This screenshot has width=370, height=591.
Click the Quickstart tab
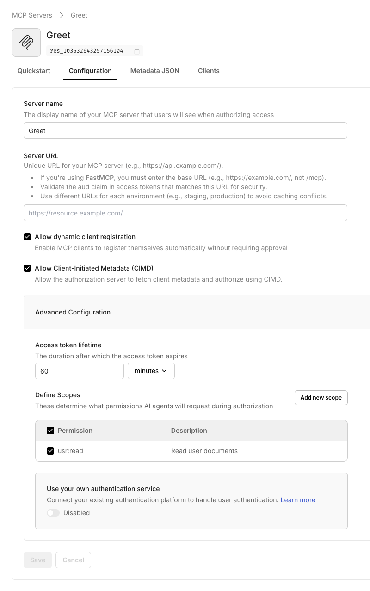(x=34, y=71)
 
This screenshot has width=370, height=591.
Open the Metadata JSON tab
(x=154, y=71)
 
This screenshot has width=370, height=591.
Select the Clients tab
(x=209, y=71)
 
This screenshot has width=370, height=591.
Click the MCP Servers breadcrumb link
(x=31, y=15)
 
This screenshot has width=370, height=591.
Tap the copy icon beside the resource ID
(x=136, y=51)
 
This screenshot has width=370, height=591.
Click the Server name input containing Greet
(x=185, y=131)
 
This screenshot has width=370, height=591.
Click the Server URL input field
(x=185, y=213)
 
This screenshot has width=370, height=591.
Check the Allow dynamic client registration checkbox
(x=27, y=237)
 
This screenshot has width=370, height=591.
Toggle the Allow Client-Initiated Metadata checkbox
(x=27, y=268)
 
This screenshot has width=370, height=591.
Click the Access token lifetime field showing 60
(x=79, y=371)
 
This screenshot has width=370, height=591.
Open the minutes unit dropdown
(x=151, y=371)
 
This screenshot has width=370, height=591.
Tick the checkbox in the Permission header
(x=50, y=431)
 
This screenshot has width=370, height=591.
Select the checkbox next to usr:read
(x=50, y=451)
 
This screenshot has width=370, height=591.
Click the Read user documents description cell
(x=204, y=451)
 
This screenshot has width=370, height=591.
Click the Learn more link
(x=298, y=500)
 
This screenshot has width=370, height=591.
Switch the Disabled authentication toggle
(x=53, y=513)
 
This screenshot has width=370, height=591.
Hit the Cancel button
(x=73, y=560)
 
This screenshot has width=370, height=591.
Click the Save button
(x=37, y=560)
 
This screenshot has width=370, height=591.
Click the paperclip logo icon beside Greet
(x=26, y=43)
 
